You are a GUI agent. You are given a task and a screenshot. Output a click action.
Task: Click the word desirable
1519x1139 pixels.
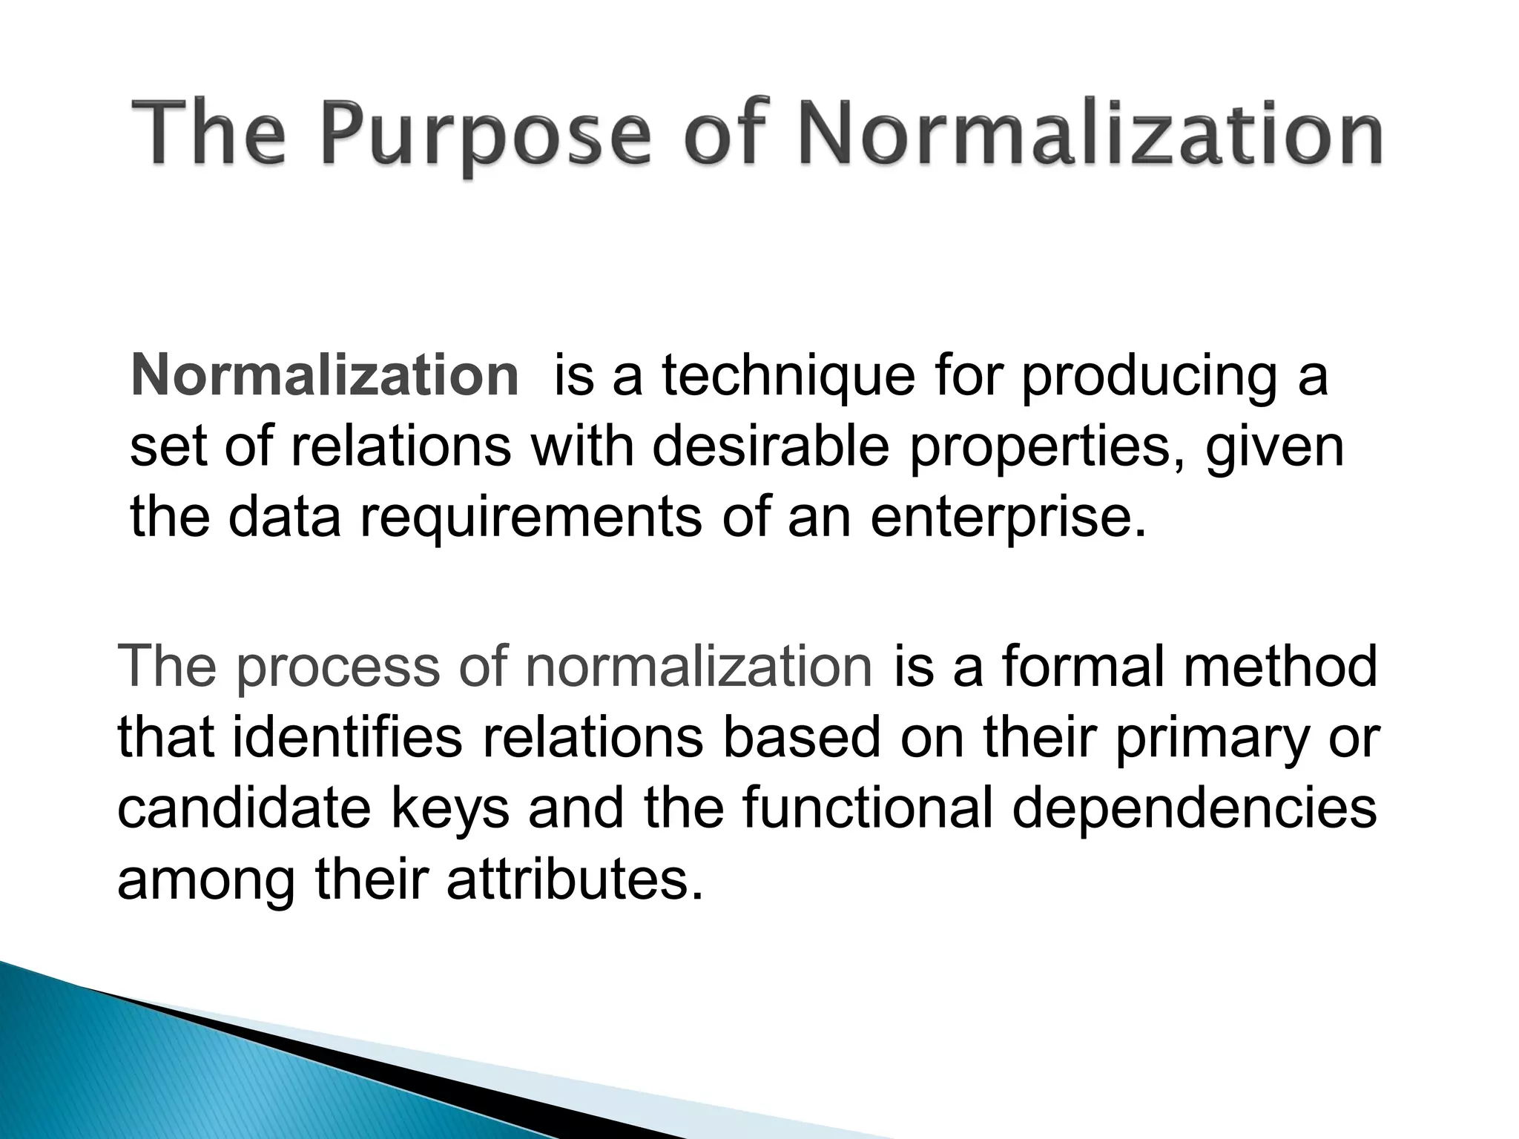(x=771, y=447)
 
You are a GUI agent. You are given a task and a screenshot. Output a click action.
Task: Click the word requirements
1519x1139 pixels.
(x=531, y=518)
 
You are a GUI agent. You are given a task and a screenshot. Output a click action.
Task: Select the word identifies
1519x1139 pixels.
(x=349, y=737)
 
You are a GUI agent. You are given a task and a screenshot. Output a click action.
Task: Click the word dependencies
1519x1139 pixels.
(x=1194, y=809)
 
